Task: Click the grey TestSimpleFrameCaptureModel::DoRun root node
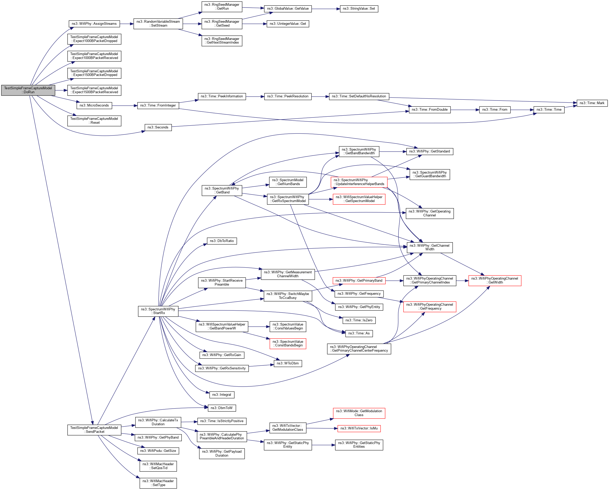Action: point(28,90)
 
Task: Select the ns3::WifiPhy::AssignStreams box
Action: point(94,24)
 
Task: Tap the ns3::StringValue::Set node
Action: point(359,9)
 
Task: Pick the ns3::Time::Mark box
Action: point(592,103)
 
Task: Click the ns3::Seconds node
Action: point(158,127)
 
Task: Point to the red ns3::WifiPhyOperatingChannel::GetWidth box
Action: point(495,280)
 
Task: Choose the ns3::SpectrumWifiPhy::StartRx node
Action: point(158,311)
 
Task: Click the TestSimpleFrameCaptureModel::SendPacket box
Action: point(94,429)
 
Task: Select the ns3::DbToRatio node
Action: point(222,241)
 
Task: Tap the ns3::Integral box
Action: point(221,394)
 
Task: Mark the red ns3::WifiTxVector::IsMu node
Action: point(359,428)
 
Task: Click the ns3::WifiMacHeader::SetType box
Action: point(158,483)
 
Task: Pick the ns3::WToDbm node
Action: point(288,363)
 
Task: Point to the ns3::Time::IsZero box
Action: point(359,320)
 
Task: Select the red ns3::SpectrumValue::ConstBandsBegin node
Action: point(288,344)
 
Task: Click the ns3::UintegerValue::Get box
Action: point(288,24)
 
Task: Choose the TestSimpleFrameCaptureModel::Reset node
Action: point(94,121)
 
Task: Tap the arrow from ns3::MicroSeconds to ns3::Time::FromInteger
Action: point(125,106)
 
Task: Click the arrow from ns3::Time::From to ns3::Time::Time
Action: point(522,110)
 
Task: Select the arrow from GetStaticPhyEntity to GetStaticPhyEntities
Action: point(323,445)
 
